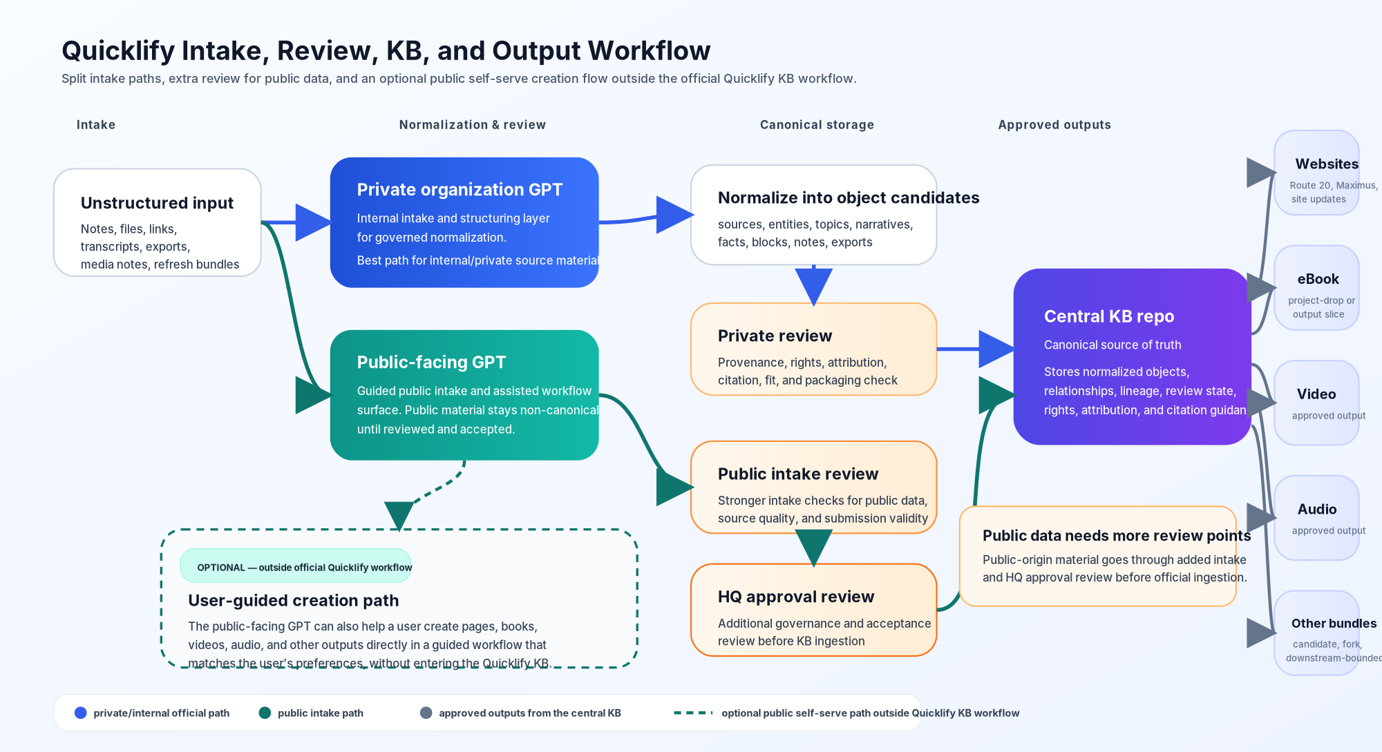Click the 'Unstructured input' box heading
157,203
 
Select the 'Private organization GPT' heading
460,190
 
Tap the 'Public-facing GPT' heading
431,363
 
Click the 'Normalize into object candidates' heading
848,198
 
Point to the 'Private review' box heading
775,336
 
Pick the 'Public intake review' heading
797,474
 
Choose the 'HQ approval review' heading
795,597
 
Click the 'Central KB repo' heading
1108,317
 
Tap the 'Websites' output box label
1326,164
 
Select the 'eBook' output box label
1318,280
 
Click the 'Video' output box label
1316,394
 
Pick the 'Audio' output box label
1316,510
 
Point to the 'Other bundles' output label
1333,624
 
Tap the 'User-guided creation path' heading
293,601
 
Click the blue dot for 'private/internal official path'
81,713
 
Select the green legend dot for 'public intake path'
265,713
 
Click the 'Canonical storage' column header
817,125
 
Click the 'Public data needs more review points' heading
1116,536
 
